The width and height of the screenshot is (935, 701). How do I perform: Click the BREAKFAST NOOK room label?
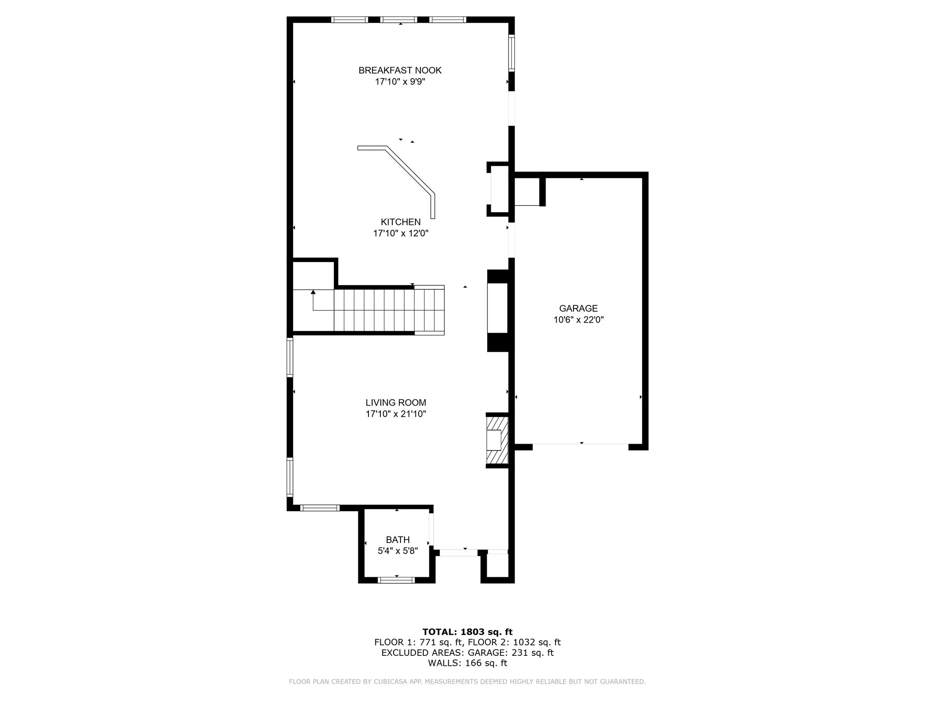coord(400,70)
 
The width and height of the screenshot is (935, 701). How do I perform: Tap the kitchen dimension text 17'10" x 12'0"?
coord(400,233)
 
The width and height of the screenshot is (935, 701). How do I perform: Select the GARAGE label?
coord(578,308)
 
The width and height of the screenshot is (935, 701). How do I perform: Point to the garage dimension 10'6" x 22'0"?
coord(578,320)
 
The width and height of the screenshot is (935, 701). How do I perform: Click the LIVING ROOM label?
coord(396,403)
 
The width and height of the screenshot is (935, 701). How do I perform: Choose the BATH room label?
coord(398,540)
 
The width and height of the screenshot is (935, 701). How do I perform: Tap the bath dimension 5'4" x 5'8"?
coord(398,551)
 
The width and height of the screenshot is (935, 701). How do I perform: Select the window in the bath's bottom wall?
coord(396,580)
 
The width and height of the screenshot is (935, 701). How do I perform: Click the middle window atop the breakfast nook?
coord(399,20)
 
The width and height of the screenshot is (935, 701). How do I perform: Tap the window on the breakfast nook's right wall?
coord(512,53)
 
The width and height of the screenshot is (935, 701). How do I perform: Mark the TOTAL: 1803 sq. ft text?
coord(467,632)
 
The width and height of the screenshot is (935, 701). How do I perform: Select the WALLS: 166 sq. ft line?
coord(467,663)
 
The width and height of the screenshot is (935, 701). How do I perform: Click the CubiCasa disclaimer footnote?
coord(467,682)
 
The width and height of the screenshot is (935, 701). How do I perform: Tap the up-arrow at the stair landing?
coord(313,293)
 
